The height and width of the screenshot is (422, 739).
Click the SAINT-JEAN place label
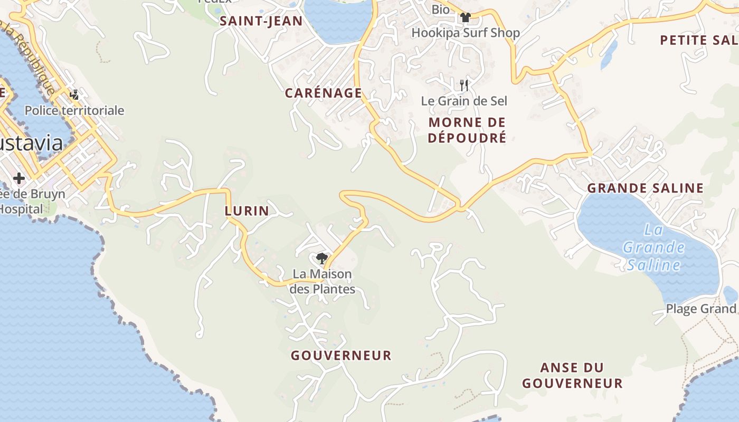tap(261, 21)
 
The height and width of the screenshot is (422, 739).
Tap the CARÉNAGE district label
tap(323, 93)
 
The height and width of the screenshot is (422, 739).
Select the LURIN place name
tap(247, 211)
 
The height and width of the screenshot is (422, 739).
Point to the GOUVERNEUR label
tap(341, 356)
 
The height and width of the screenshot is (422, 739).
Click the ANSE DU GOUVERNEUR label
tap(572, 375)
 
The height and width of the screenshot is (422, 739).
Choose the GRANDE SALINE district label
tap(645, 188)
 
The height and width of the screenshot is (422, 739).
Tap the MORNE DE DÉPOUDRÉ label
tap(467, 130)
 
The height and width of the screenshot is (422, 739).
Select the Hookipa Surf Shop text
tap(465, 33)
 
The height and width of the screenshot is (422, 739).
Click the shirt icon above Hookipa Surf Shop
tap(465, 17)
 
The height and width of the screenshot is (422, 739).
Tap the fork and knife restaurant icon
tap(464, 85)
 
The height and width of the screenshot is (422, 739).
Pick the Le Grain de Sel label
tap(463, 101)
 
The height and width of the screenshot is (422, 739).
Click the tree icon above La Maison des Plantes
tap(321, 258)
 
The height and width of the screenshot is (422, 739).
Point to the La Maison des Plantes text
tap(322, 282)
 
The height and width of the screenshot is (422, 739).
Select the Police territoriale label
tap(74, 111)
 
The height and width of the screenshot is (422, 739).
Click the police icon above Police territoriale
tap(74, 95)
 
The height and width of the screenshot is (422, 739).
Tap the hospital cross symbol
tap(19, 178)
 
